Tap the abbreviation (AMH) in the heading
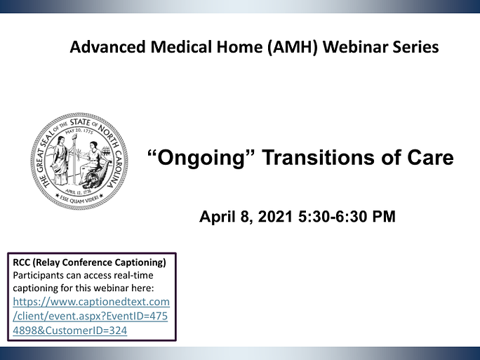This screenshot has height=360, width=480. pyautogui.click(x=293, y=48)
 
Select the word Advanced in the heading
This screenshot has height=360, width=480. pyautogui.click(x=108, y=47)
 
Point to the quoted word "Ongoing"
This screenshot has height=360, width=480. pyautogui.click(x=201, y=159)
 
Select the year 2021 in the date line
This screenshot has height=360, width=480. pyautogui.click(x=275, y=216)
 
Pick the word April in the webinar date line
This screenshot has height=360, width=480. pyautogui.click(x=218, y=217)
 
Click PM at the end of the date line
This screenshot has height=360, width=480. pyautogui.click(x=384, y=216)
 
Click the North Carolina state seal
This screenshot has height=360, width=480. pyautogui.click(x=79, y=161)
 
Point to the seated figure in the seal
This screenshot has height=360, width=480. pyautogui.click(x=93, y=162)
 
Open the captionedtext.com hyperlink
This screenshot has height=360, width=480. pyautogui.click(x=91, y=316)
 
